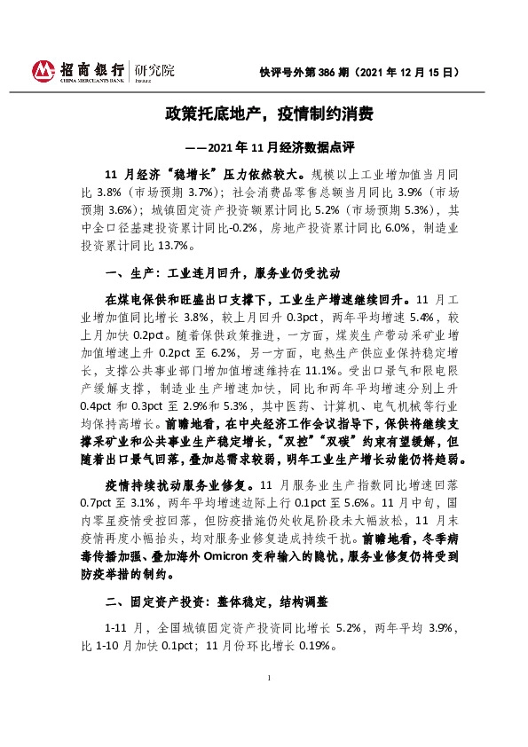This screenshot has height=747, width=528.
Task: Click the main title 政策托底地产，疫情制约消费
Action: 264,114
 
